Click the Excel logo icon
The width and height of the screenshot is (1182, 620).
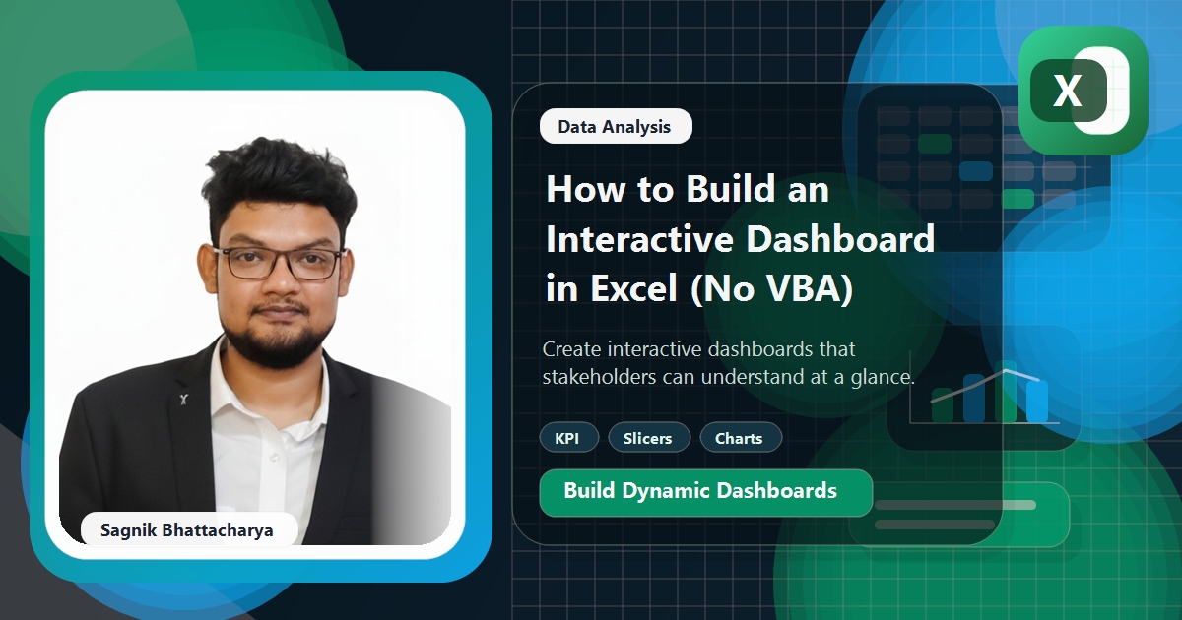click(1083, 91)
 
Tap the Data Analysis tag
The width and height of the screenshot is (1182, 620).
click(615, 126)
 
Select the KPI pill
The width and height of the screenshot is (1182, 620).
click(567, 438)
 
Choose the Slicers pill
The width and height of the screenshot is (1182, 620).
click(648, 438)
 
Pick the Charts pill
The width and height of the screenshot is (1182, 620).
click(740, 438)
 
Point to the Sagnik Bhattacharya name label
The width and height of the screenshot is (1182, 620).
click(187, 530)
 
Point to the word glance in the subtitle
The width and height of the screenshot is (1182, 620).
click(882, 376)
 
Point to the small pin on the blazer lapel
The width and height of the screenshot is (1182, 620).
click(183, 399)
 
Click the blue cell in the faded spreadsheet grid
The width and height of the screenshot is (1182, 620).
click(975, 171)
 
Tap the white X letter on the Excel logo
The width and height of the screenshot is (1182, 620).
click(1067, 92)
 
